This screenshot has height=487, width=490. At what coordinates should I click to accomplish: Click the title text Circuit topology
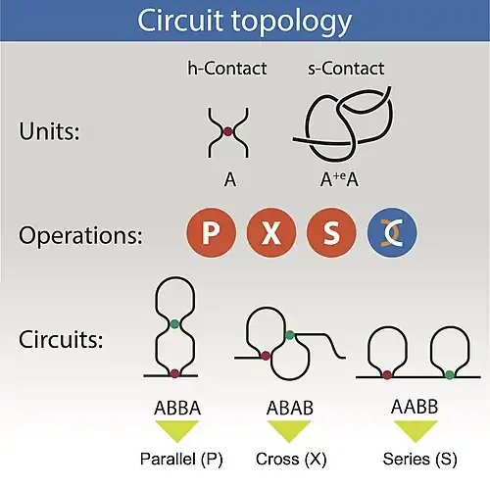point(245,21)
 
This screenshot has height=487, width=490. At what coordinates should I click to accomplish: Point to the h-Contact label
point(226,69)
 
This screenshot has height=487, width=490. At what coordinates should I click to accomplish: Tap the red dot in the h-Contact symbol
point(227,131)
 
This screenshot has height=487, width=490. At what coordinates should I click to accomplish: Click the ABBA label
point(173,404)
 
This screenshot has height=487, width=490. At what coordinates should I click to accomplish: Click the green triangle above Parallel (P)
point(173,429)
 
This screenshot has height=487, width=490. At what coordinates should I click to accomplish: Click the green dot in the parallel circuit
point(173,323)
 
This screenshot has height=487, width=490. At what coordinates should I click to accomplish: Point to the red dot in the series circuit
point(388,373)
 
